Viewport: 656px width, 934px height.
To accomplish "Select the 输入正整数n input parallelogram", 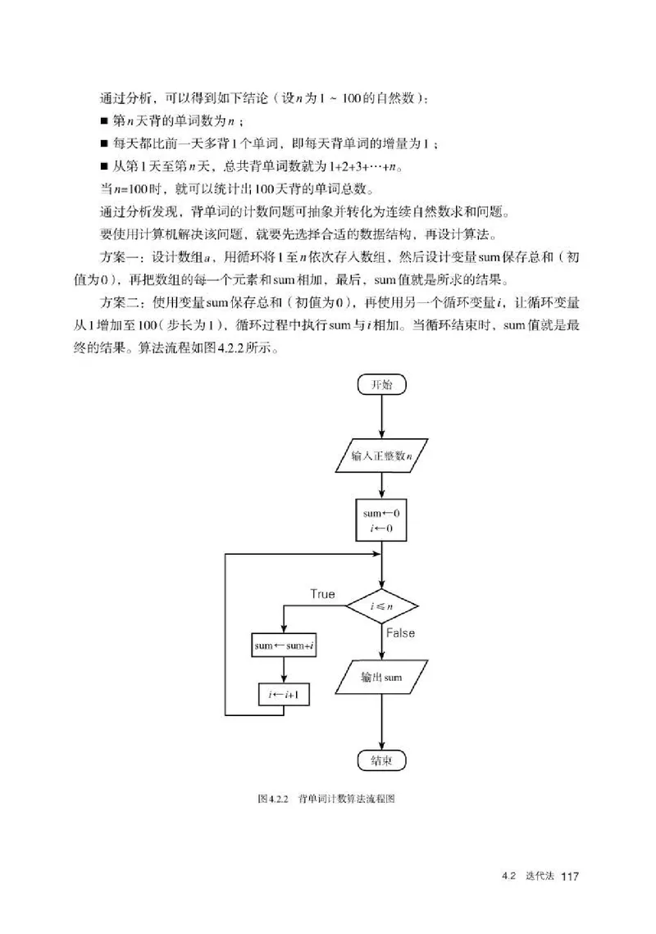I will tap(382, 456).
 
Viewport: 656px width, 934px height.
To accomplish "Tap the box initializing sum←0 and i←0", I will tap(382, 519).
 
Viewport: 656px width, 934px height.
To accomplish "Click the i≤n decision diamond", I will tap(382, 607).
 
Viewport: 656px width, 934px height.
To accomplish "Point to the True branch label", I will tap(322, 593).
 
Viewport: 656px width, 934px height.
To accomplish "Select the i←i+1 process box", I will tap(283, 695).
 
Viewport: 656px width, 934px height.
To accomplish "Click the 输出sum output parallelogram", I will tap(382, 678).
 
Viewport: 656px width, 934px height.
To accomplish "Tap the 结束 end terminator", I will tap(382, 759).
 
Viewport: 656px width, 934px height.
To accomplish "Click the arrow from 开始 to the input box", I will tap(382, 418).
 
